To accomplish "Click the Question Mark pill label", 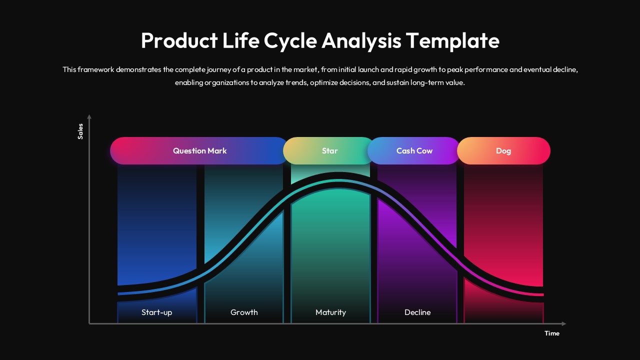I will pos(199,150).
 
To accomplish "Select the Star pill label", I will pos(329,150).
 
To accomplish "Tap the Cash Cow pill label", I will pos(414,150).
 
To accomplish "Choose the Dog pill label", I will pos(503,150).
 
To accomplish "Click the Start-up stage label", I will pos(156,312).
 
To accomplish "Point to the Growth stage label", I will pos(244,312).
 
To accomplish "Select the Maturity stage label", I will pos(330,312).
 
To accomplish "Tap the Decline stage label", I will pos(417,312).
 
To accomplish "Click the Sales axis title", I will pos(80,131).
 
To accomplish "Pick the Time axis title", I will pos(552,333).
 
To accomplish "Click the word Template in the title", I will pos(452,41).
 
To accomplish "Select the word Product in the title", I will pos(178,41).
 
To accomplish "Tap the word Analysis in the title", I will pos(361,41).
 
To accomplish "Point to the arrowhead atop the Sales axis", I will pos(89,117).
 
